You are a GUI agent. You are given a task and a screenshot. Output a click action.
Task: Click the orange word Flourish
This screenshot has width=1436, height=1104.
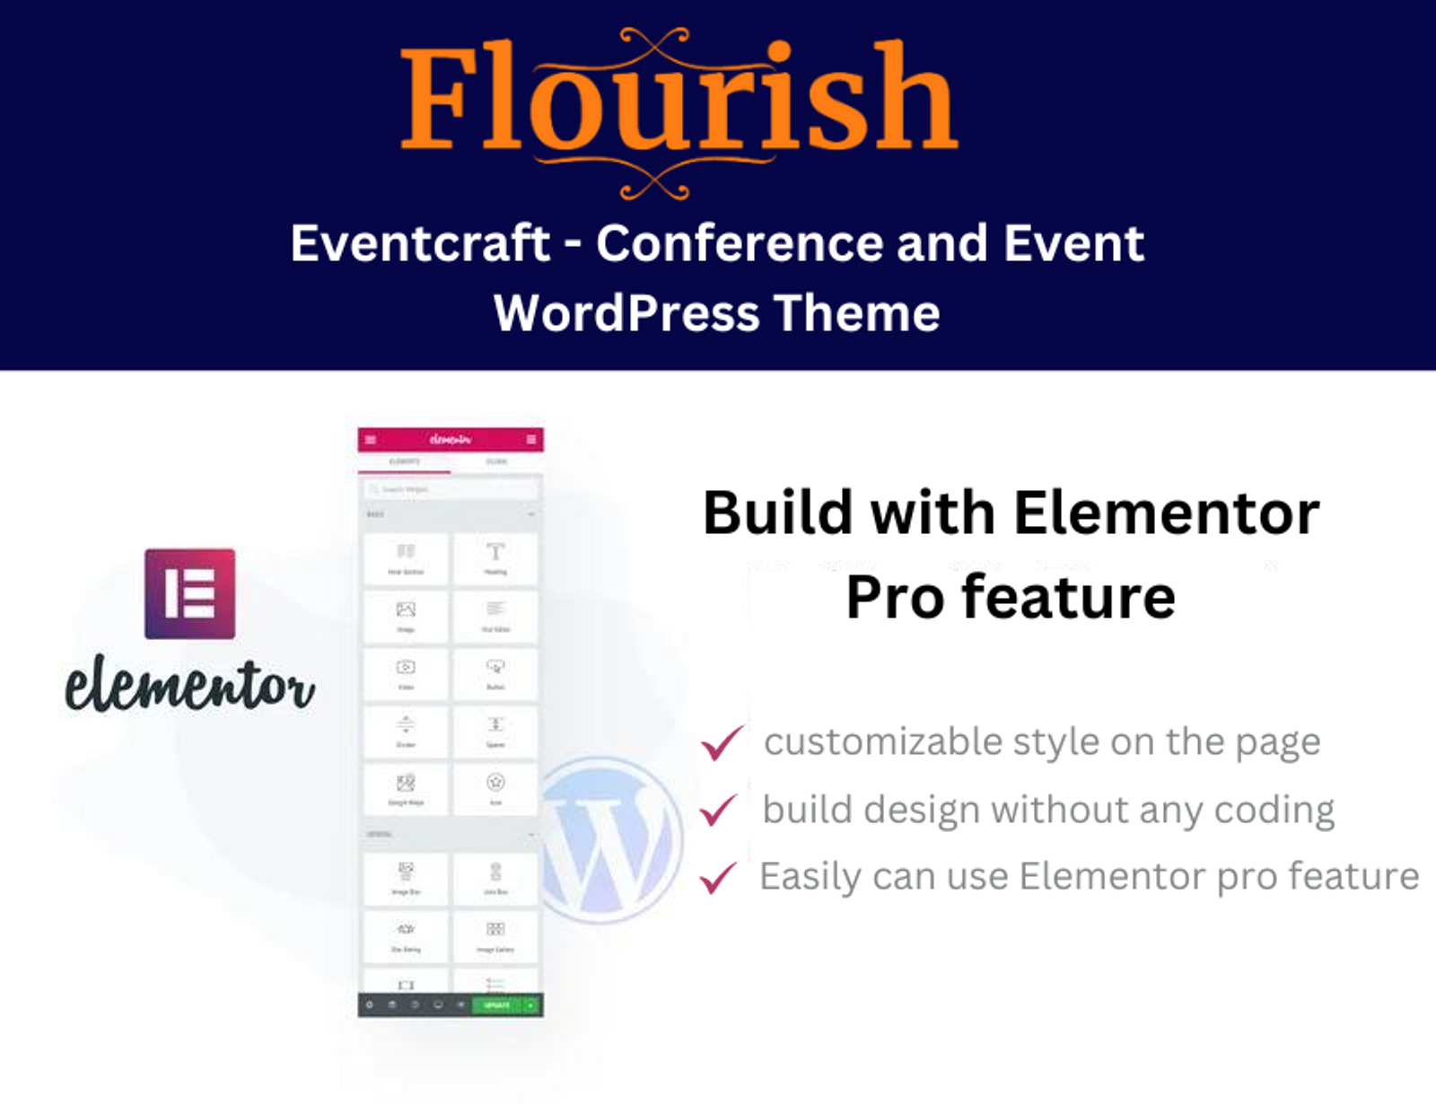point(679,99)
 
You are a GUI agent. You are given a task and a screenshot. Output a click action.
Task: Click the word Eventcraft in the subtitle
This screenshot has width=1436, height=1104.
point(420,243)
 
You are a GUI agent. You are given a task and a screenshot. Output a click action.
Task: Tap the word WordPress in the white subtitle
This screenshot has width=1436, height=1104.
point(626,313)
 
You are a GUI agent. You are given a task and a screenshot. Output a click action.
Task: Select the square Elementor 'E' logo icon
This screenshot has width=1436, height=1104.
point(189,594)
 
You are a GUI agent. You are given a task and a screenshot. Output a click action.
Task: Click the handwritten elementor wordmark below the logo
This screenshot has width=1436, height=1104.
point(189,686)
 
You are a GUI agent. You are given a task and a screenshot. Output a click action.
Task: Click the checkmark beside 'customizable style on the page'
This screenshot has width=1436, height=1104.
point(722,742)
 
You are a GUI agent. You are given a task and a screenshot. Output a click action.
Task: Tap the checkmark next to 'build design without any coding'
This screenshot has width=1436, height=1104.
point(720,810)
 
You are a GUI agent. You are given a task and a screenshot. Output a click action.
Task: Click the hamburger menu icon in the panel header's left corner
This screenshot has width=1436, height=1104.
point(371,440)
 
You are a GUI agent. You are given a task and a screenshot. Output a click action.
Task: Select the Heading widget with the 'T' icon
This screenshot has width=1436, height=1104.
point(495,558)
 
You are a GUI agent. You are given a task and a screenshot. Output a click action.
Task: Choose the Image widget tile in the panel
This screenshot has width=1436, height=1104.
point(406,616)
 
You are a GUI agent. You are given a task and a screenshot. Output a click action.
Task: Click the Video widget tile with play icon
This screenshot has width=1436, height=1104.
point(406,673)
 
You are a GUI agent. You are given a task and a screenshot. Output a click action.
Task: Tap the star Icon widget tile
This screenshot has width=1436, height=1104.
point(495,788)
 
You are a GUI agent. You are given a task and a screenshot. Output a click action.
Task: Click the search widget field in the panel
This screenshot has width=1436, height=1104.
point(451,489)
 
